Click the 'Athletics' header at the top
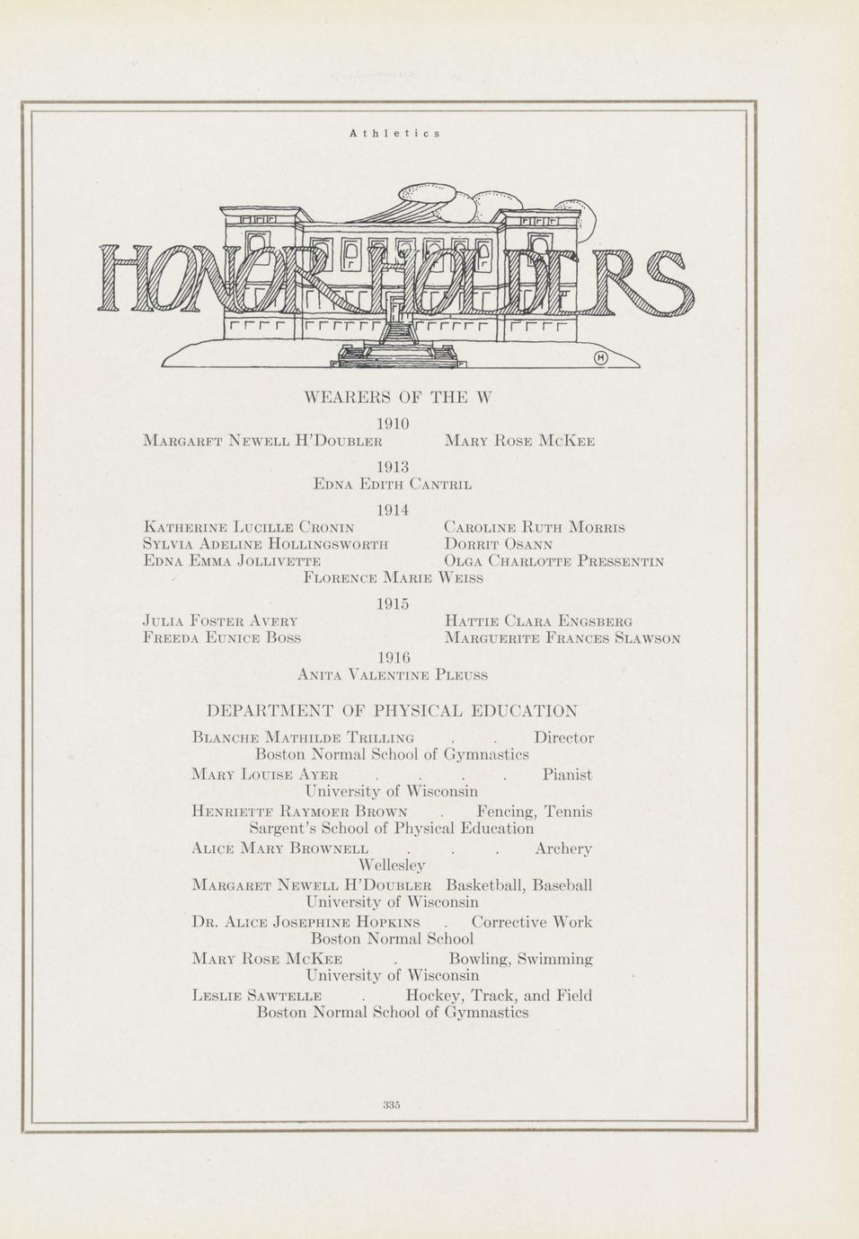[394, 133]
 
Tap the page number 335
[391, 1104]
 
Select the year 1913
[393, 467]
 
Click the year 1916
[393, 656]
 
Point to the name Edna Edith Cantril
[393, 485]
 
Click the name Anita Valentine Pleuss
[393, 673]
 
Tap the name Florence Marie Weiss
[394, 579]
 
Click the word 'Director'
[563, 738]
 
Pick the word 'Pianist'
[567, 775]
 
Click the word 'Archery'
[563, 848]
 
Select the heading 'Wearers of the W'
[399, 398]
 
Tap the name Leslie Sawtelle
[258, 996]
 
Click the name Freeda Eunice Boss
[222, 638]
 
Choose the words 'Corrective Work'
[532, 922]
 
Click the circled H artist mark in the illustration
[601, 359]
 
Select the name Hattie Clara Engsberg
[538, 621]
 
